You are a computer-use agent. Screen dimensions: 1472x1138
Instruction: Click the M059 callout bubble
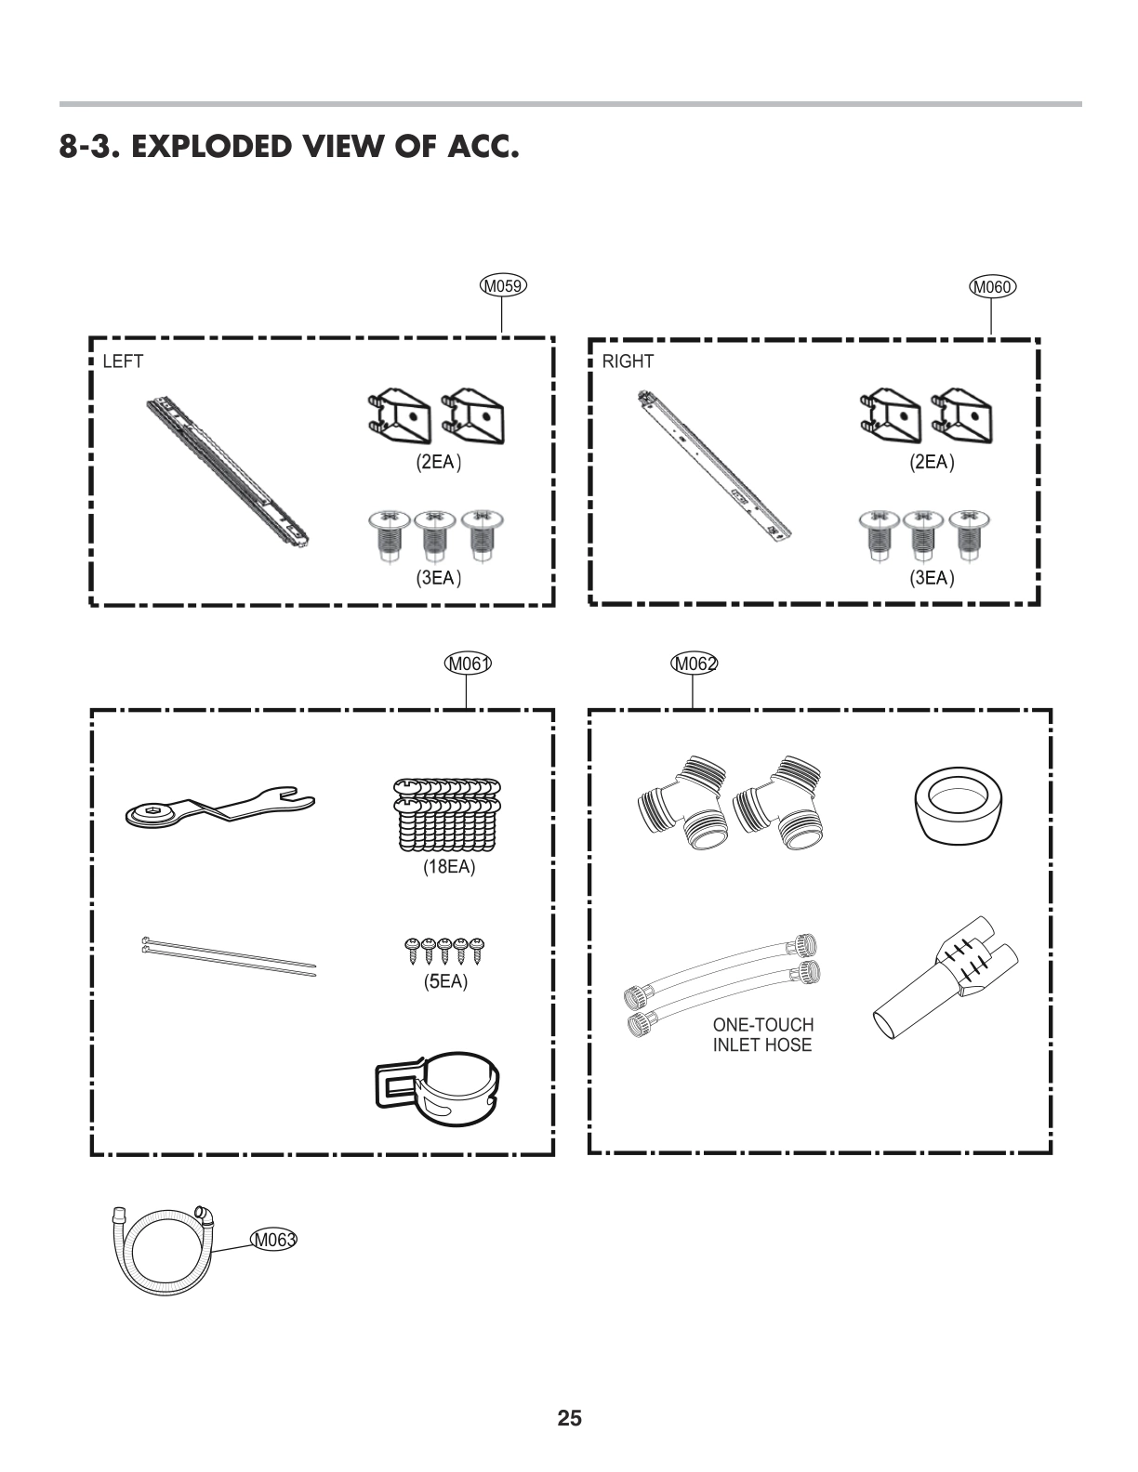(503, 285)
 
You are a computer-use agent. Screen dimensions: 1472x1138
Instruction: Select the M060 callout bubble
(992, 286)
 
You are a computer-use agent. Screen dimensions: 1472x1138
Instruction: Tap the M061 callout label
(467, 663)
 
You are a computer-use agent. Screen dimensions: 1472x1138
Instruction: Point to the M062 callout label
(694, 663)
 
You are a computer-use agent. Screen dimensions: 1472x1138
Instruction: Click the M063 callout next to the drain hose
(273, 1239)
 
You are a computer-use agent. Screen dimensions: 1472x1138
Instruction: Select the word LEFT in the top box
(123, 361)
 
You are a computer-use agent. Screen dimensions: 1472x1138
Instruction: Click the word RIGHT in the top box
(628, 361)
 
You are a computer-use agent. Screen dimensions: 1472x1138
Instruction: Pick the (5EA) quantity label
(445, 981)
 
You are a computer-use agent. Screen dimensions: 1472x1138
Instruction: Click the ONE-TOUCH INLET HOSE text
(762, 1034)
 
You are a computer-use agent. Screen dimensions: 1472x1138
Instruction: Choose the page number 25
(569, 1418)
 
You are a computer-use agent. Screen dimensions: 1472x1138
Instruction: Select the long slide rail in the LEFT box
(228, 471)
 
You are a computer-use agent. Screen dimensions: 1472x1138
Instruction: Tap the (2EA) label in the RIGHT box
(933, 462)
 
